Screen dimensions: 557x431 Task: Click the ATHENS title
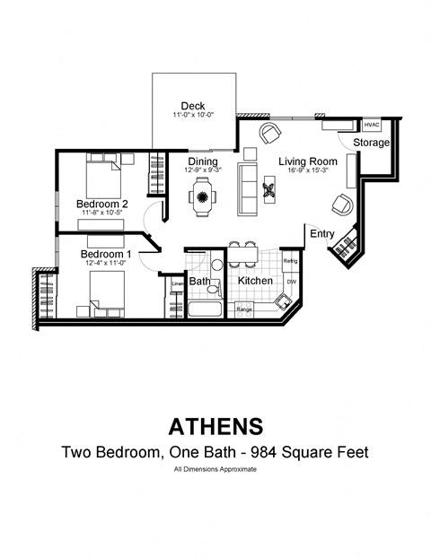pos(215,424)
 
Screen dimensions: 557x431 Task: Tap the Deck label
pos(193,105)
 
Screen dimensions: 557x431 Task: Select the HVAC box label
pos(372,125)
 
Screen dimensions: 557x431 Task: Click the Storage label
pos(371,143)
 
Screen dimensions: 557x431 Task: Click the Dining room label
pos(203,161)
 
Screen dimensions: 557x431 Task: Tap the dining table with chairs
pos(203,195)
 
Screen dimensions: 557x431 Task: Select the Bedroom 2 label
pos(101,205)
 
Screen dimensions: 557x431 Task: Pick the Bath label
pos(199,282)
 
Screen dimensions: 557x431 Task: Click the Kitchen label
pos(255,282)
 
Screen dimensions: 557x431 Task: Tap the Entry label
pos(322,234)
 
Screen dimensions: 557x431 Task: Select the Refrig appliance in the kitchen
pos(289,261)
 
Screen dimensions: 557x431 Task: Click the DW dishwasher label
pos(291,282)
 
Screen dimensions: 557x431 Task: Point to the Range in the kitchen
pos(244,309)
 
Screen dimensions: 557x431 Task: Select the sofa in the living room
pos(248,188)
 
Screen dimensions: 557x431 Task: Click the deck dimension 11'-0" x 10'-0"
pos(193,116)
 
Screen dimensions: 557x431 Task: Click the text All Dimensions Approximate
pos(215,470)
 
